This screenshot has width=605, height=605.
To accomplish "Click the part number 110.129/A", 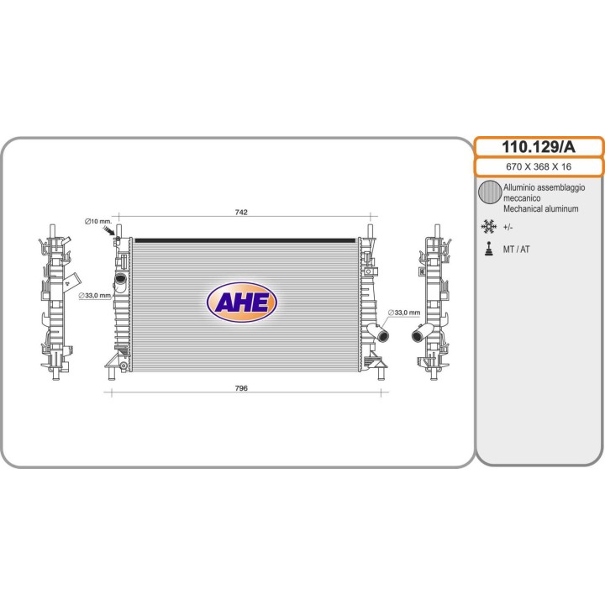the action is tap(539, 147).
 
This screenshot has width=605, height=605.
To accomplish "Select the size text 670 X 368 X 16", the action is tap(539, 166).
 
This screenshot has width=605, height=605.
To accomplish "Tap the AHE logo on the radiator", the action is tap(242, 302).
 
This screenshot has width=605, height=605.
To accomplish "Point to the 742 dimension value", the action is tap(241, 213).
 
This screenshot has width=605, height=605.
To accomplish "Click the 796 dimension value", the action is tap(241, 388).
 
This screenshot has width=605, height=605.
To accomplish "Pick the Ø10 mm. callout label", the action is tap(98, 222).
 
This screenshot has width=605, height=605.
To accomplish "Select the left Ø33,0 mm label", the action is tap(95, 296).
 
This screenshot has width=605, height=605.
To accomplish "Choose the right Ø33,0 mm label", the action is tap(404, 313).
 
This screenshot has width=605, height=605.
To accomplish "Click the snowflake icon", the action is tap(489, 227).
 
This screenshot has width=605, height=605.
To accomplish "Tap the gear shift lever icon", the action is tap(489, 249).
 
